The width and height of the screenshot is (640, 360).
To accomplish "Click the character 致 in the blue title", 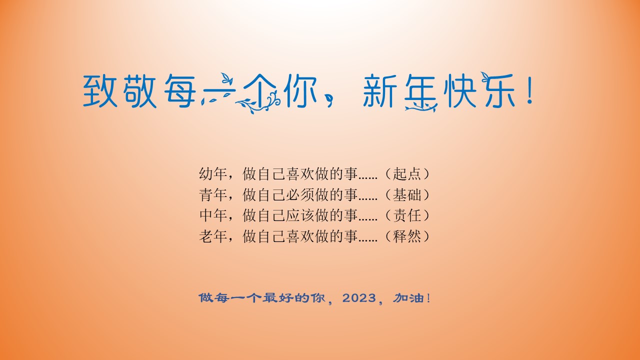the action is click(100, 91).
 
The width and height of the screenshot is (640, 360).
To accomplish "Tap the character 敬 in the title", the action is click(140, 91).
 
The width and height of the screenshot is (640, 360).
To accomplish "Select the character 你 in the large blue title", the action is click(301, 91).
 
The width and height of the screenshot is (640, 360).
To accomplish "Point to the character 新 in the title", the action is click(380, 91).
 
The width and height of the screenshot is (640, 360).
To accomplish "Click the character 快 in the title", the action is click(460, 91).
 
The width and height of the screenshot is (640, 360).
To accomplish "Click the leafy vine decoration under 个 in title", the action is click(255, 103).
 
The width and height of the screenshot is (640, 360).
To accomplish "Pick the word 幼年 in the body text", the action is click(213, 173).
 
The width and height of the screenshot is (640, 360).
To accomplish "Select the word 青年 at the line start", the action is click(213, 195).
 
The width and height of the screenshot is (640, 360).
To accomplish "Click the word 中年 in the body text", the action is click(213, 215).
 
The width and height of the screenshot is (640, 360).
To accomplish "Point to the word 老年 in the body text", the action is click(213, 236).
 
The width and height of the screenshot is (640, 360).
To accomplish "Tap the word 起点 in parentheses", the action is click(407, 173).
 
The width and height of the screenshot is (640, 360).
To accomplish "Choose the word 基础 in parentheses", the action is click(407, 195).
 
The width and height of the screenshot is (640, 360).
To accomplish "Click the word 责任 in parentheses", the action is click(407, 215).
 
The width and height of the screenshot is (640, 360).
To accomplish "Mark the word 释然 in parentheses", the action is click(407, 236).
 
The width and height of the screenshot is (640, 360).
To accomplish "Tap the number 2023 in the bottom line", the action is click(359, 298).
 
